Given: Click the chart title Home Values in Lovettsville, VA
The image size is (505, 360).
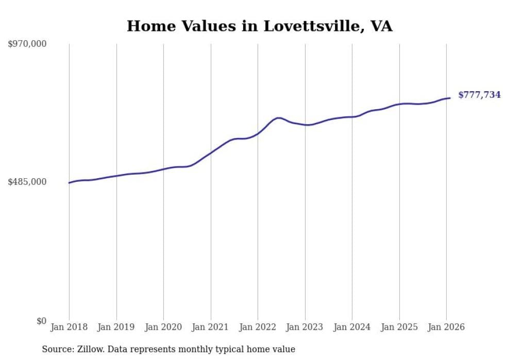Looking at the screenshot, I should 259,26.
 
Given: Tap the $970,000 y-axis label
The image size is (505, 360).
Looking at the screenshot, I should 27,44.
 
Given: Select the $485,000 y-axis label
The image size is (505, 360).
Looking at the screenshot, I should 27,182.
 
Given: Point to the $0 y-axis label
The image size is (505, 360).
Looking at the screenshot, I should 41,321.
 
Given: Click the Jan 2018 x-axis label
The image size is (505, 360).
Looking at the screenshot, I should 69,327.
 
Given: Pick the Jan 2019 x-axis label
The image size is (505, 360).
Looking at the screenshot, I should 116,327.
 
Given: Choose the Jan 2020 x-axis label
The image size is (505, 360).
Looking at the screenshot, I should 163,327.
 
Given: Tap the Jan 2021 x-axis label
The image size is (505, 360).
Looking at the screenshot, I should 211,327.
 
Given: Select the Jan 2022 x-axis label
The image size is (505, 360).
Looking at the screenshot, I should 258,327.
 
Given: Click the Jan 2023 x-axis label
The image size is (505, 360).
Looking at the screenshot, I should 305,327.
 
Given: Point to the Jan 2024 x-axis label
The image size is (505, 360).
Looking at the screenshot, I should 352,327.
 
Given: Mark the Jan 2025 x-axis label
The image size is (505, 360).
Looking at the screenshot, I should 399,327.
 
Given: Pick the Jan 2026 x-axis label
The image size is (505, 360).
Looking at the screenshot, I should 446,327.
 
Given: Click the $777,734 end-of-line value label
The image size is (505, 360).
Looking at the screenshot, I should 479,95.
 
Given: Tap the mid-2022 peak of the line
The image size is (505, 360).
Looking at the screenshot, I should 278,118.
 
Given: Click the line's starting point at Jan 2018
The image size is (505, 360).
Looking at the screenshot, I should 69,183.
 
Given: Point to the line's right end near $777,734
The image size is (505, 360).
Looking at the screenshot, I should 450,98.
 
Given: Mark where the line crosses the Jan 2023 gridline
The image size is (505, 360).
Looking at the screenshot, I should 305,125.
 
